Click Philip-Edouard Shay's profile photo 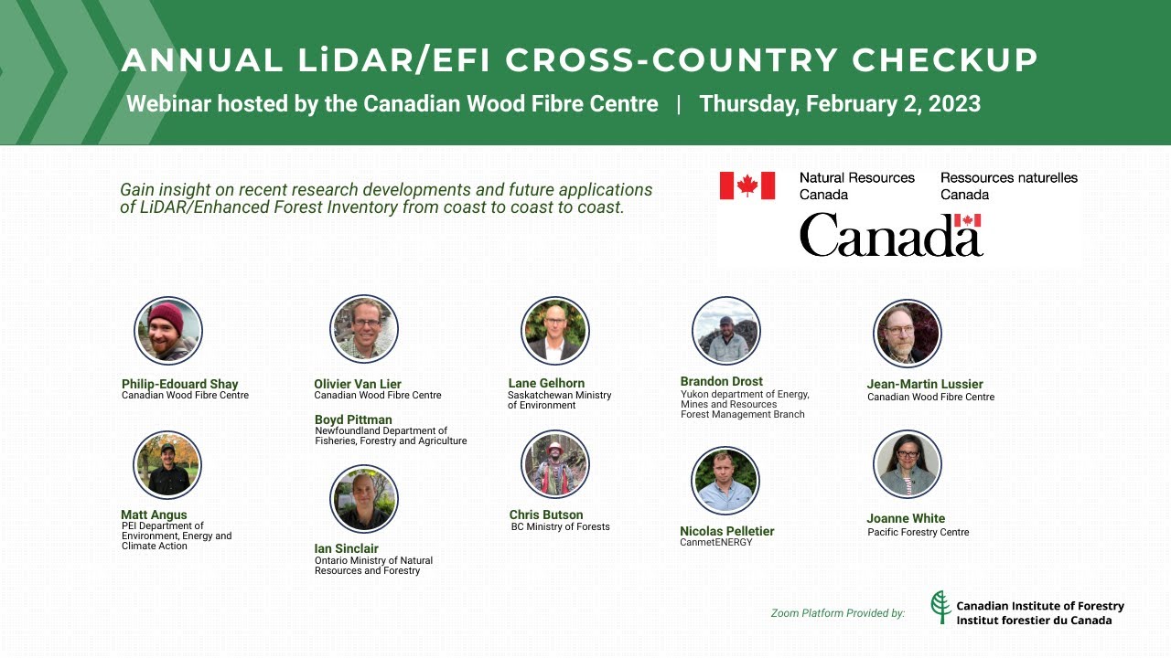coord(168,330)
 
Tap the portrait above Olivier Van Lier coord(364,329)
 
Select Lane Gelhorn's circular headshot coord(555,331)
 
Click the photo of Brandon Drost coord(726,331)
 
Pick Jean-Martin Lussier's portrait coord(908,334)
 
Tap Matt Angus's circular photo coord(167,465)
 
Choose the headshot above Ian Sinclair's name coord(364,499)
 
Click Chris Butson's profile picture coord(555,465)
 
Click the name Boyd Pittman coord(353,419)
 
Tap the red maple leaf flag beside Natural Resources coord(747,186)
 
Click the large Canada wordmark coord(890,235)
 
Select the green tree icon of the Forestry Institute coord(940,607)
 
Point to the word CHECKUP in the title coord(945,60)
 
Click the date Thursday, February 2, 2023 coord(840,104)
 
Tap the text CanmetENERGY coord(715,543)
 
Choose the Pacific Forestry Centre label coord(918,532)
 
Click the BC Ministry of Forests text coord(560,527)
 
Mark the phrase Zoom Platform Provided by coord(837,613)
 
